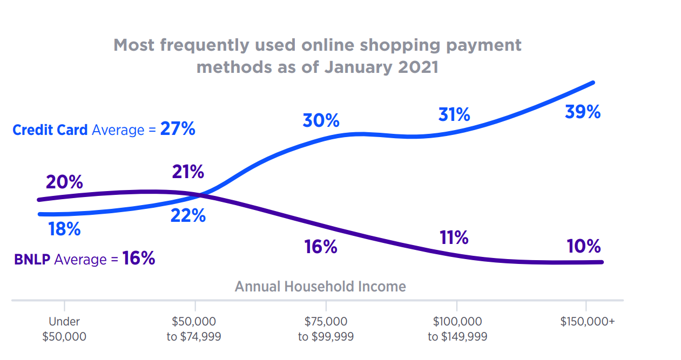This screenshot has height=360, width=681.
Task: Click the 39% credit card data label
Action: (x=582, y=112)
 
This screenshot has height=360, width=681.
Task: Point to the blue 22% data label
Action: (x=188, y=216)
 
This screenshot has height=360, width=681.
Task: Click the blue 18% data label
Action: (x=64, y=229)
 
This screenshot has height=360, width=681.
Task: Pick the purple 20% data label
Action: (x=64, y=182)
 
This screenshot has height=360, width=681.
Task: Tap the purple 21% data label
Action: (x=188, y=172)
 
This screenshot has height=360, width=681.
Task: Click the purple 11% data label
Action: (x=453, y=237)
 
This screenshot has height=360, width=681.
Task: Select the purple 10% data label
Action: (x=583, y=247)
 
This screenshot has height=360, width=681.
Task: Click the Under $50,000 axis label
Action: (x=64, y=329)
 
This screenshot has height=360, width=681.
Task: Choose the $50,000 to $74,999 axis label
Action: (x=194, y=329)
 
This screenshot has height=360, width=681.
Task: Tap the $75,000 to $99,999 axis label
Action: (x=326, y=329)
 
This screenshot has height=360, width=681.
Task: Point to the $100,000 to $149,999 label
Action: (x=457, y=329)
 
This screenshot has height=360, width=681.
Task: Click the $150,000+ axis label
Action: (x=588, y=322)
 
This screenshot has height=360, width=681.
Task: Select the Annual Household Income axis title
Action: (x=320, y=286)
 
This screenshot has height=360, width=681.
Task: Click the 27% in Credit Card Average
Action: (x=178, y=130)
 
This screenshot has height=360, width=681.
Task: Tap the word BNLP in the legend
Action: (x=32, y=260)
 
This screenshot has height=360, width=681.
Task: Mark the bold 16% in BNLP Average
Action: (x=139, y=259)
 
